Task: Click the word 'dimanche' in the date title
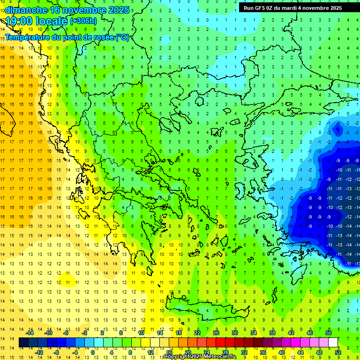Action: click(26, 10)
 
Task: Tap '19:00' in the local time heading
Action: click(18, 21)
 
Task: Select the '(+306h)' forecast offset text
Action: click(83, 21)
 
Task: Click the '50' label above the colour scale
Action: click(328, 333)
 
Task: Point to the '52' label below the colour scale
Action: click(337, 352)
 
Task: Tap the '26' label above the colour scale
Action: click(216, 333)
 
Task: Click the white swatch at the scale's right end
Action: click(333, 343)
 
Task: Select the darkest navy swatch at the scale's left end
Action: click(23, 343)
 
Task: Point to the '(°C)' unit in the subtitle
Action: click(122, 37)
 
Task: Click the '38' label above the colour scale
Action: click(272, 333)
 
